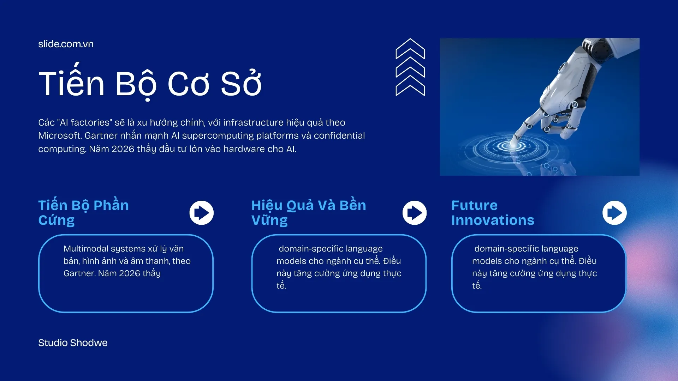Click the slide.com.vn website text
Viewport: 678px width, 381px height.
66,44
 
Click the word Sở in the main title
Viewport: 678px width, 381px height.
241,84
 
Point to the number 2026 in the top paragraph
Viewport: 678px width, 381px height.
123,149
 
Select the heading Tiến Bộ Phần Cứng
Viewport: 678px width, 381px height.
83,212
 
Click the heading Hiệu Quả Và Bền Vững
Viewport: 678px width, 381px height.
308,212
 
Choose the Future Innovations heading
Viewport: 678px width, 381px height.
492,212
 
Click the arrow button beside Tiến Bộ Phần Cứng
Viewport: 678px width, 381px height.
201,213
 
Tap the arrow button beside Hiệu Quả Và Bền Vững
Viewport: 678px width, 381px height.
414,213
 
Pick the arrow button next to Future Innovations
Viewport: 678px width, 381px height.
614,213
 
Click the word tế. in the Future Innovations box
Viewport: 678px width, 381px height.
477,286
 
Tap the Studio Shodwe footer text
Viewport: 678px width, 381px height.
73,343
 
